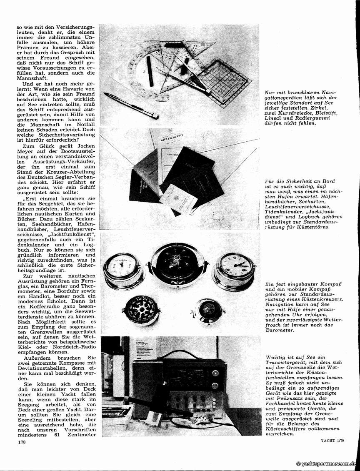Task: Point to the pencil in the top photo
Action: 131,105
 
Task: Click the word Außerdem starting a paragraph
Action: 39,358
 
